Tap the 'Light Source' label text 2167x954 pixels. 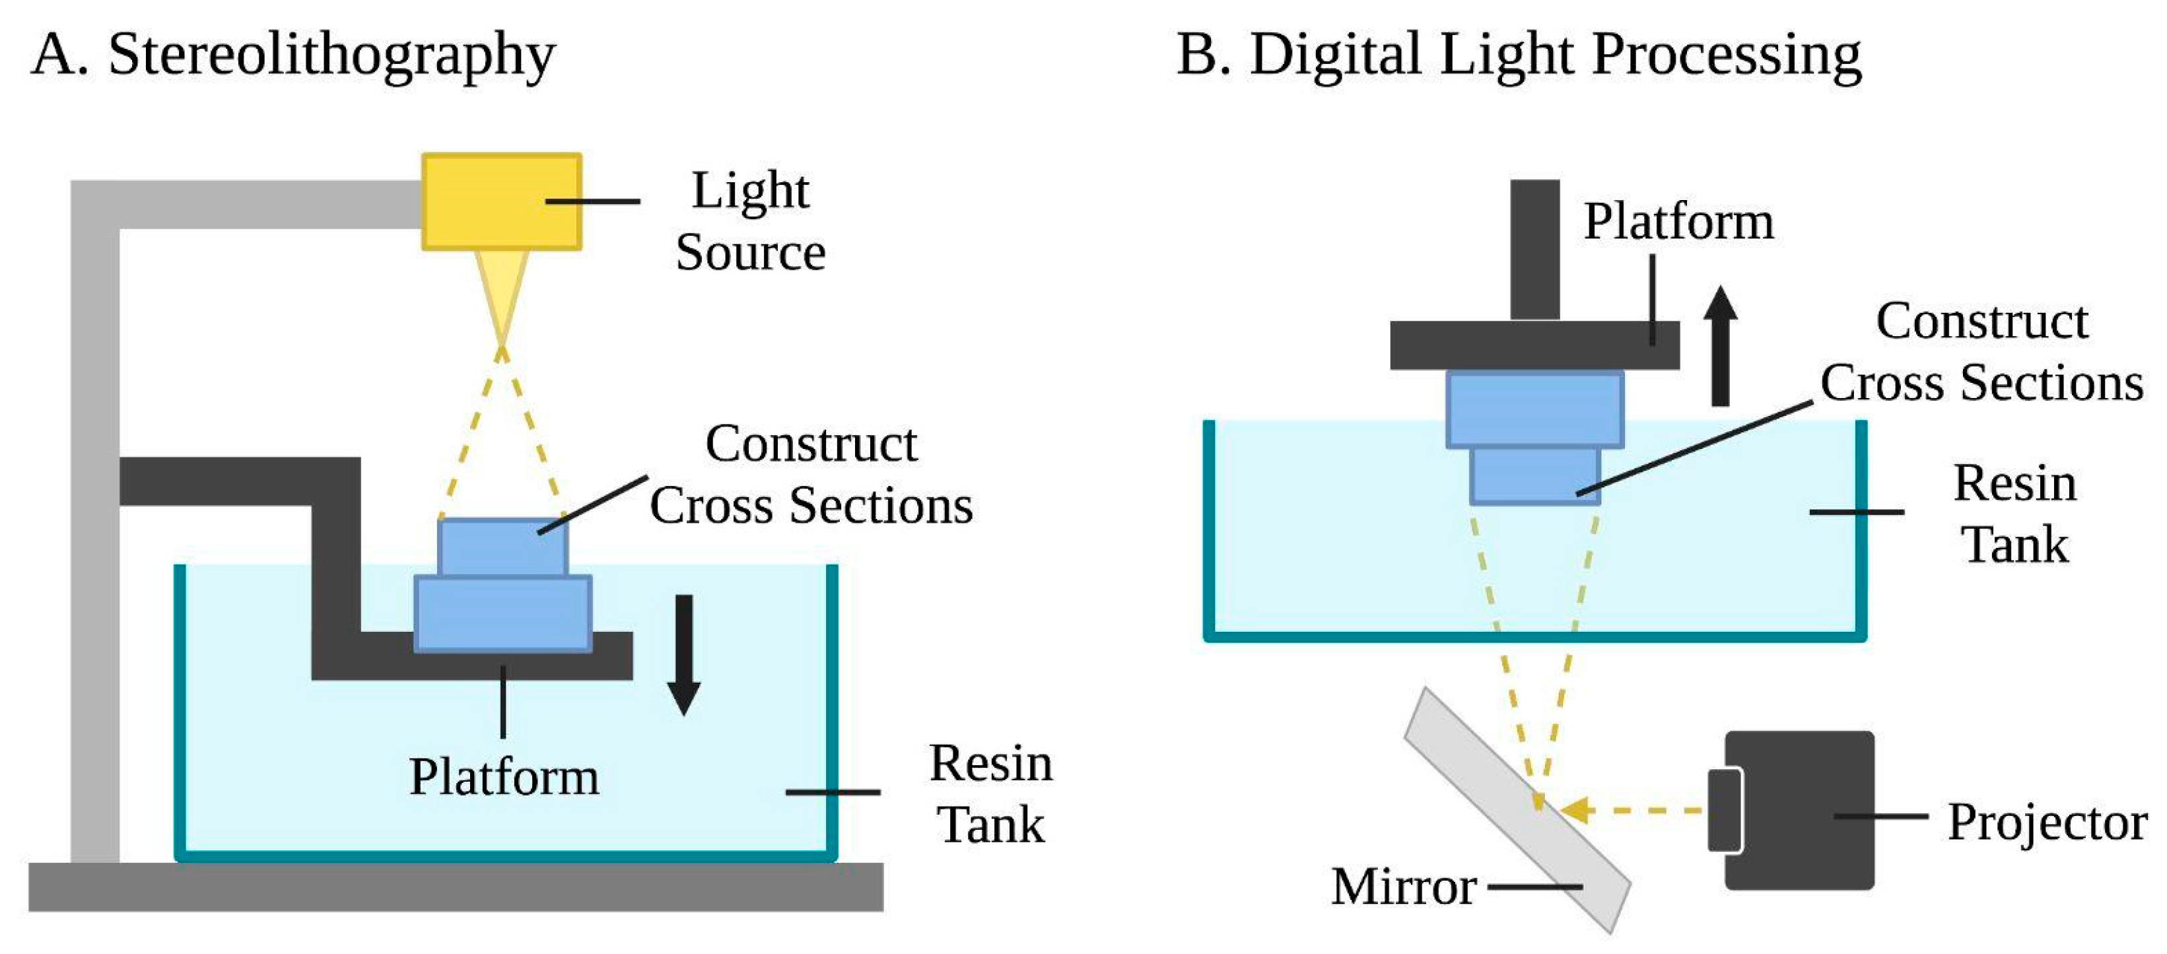point(750,221)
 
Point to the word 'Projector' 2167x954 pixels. point(2047,822)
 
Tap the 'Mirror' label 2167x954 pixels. point(1403,887)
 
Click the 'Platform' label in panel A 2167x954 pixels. point(504,776)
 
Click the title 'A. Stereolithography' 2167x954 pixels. point(294,55)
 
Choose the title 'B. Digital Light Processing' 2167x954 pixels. point(1519,55)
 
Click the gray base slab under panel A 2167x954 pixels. point(455,887)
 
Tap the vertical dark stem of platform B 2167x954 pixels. point(1534,249)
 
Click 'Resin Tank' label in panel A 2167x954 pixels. point(991,794)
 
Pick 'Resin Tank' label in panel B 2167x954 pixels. point(2014,513)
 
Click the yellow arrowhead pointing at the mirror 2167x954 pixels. point(1575,810)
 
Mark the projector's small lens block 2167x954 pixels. point(1724,810)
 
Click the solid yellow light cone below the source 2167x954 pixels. point(501,290)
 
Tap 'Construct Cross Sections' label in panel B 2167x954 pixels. point(1981,353)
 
